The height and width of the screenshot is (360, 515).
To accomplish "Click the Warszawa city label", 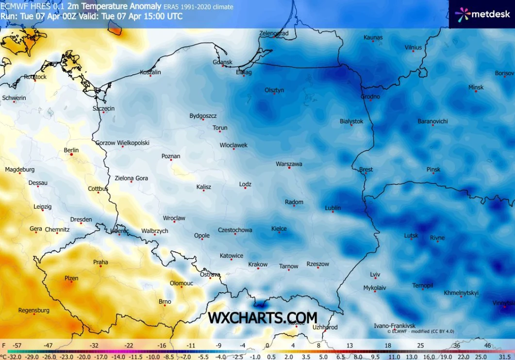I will click(x=289, y=164).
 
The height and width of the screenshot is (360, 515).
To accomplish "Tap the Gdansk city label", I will click(x=222, y=62).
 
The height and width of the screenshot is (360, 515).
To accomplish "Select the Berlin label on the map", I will click(x=71, y=150).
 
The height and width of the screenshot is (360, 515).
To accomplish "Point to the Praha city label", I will click(x=100, y=262).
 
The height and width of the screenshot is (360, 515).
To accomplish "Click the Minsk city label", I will click(x=476, y=87).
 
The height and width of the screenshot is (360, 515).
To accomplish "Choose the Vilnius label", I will click(x=413, y=48).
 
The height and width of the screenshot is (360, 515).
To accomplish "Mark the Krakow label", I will click(x=258, y=264).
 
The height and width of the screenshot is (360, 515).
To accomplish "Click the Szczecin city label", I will click(x=103, y=109).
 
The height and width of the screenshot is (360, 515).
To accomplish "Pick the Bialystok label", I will click(x=351, y=121).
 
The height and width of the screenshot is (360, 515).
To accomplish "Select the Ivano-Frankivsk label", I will click(x=395, y=326).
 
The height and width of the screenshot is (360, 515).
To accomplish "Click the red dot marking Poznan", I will click(x=171, y=161).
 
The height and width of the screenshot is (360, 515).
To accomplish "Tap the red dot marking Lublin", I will click(x=332, y=212).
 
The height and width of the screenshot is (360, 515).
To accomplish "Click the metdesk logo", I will click(x=482, y=14).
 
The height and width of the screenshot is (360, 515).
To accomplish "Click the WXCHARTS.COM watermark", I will click(x=263, y=317).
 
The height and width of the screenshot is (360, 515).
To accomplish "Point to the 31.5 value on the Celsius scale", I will click(x=505, y=357).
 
